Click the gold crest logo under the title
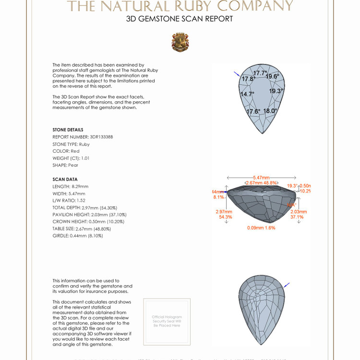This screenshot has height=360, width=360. coord(180,42)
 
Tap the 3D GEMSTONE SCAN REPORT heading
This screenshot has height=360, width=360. coord(180,19)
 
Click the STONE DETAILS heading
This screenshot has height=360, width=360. coord(68,130)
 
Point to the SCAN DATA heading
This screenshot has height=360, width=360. coord(65,179)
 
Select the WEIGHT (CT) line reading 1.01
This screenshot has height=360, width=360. coord(71,158)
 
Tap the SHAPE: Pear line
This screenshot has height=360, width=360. coord(65,165)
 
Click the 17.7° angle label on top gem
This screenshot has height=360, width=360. coord(260,73)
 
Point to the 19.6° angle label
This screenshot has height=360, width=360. coord(272,76)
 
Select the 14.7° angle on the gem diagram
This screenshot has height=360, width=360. coord(247,94)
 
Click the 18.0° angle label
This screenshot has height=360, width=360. coord(270,111)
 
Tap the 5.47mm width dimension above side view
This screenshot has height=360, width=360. coord(261,178)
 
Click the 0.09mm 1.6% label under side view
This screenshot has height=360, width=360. coord(261,228)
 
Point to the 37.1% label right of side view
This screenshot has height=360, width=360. coord(297,217)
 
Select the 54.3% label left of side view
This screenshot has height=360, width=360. coord(226,217)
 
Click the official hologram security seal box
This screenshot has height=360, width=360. coord(167,321)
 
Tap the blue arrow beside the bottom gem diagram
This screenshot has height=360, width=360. coord(287,285)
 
